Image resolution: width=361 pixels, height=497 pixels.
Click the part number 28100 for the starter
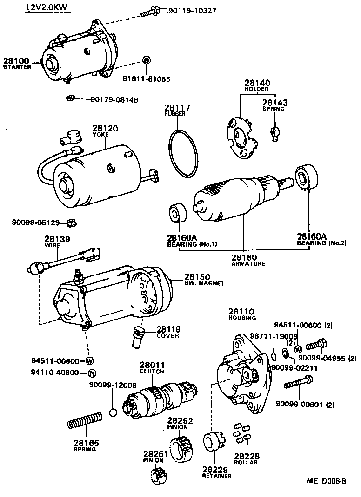tap(16, 60)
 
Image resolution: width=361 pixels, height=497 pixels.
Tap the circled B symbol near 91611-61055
tap(146, 60)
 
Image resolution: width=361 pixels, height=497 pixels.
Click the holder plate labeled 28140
tap(241, 137)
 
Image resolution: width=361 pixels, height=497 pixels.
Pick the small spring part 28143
tap(275, 133)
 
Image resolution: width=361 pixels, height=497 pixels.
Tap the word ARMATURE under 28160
tap(248, 264)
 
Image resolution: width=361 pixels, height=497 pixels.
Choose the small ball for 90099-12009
tap(113, 412)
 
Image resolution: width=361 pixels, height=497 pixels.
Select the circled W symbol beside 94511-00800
tap(90, 360)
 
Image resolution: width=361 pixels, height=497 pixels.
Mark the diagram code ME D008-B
tap(326, 481)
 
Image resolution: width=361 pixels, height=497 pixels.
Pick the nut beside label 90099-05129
tap(71, 222)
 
